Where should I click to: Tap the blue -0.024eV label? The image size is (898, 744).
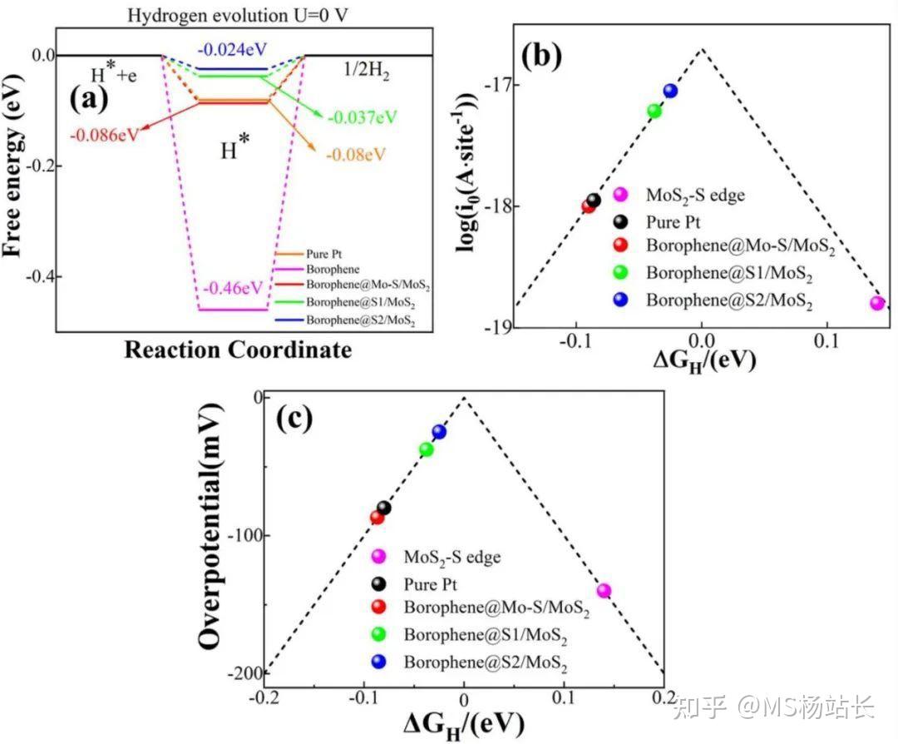pyautogui.click(x=233, y=47)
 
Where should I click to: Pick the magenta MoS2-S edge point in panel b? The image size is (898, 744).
pyautogui.click(x=876, y=303)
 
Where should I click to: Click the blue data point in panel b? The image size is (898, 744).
pyautogui.click(x=670, y=91)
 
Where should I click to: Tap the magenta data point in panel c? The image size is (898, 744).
pyautogui.click(x=604, y=591)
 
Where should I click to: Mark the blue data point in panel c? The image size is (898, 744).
pyautogui.click(x=439, y=431)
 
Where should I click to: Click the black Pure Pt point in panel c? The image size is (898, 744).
pyautogui.click(x=383, y=508)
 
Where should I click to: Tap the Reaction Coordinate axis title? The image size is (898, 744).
pyautogui.click(x=238, y=350)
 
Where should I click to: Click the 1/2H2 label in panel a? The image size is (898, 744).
pyautogui.click(x=367, y=72)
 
